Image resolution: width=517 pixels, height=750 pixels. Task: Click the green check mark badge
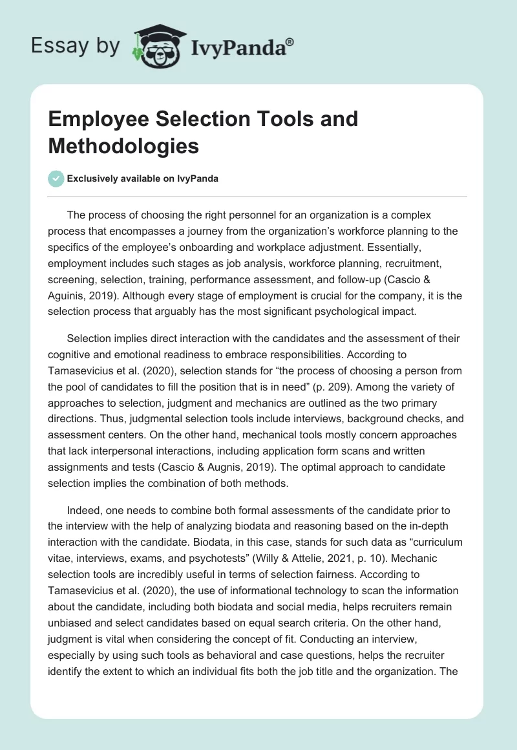pos(56,178)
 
